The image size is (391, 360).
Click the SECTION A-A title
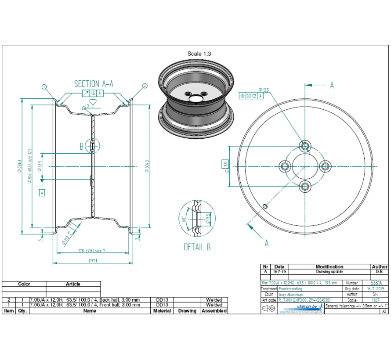tap(94, 84)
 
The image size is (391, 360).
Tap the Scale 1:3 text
tap(199, 54)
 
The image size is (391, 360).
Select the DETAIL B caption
tap(197, 247)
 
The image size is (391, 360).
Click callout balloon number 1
tap(44, 86)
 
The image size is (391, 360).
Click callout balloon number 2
tap(145, 86)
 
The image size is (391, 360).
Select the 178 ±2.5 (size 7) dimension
tap(93, 251)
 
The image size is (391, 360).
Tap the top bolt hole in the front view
tap(305, 145)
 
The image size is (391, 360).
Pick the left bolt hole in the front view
tap(285, 166)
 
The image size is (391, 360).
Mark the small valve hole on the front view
tap(264, 205)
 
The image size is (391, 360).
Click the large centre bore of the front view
tap(305, 166)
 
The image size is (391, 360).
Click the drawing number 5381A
tap(376, 283)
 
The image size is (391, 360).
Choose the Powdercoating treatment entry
tap(290, 289)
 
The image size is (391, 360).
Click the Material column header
tap(162, 310)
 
